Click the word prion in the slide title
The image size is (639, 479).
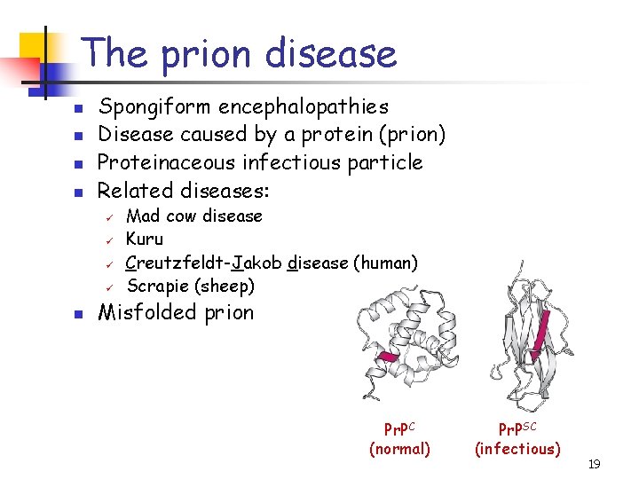click(206, 54)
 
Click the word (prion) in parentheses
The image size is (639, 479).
click(412, 135)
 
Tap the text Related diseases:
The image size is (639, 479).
click(183, 191)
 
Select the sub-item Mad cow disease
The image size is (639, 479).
click(194, 216)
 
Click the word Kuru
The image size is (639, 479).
click(145, 239)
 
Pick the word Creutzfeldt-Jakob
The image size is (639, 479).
click(204, 263)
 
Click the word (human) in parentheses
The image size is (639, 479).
click(385, 263)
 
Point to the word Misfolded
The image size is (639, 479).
click(146, 313)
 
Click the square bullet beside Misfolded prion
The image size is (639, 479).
click(78, 314)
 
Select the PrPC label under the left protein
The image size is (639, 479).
click(399, 429)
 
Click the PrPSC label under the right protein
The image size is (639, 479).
click(517, 429)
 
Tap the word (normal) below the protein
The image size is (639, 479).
click(399, 449)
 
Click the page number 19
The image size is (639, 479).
click(594, 464)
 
